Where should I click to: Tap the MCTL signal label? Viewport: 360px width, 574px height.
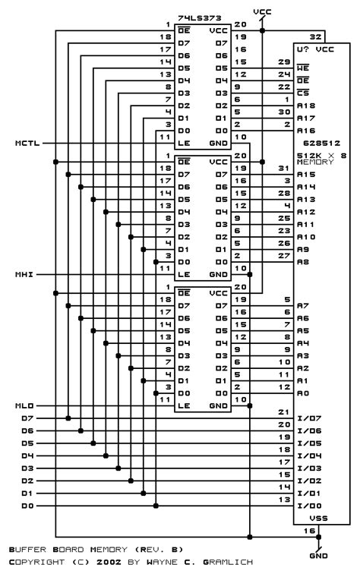28,142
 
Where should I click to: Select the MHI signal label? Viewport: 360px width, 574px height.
24,273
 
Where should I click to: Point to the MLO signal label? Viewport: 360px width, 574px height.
24,405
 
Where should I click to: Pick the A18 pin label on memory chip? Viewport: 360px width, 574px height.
308,106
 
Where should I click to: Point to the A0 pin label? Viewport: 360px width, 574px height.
304,393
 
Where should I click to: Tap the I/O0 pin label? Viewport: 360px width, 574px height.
311,506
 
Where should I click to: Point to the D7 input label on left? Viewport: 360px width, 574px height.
27,418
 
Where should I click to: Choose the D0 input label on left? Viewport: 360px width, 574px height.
27,506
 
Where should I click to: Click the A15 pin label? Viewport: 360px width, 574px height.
308,175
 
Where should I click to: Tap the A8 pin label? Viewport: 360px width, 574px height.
304,262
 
